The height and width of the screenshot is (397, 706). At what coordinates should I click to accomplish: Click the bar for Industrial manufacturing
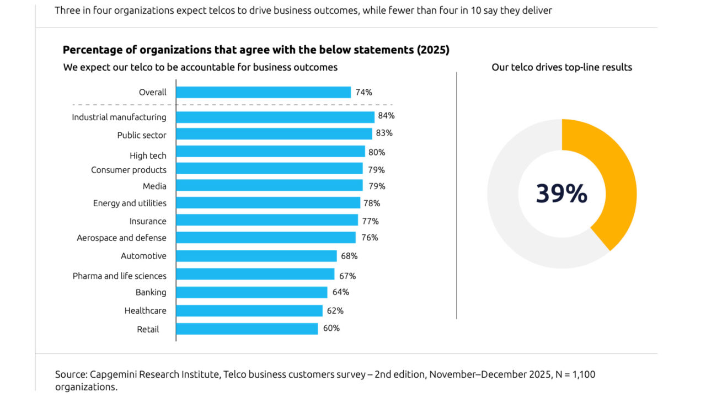(x=275, y=117)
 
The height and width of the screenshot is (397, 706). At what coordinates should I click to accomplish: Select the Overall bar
(x=263, y=92)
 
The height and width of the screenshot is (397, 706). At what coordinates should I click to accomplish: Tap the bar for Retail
(x=247, y=329)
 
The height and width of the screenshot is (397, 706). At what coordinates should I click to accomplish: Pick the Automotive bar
(x=256, y=256)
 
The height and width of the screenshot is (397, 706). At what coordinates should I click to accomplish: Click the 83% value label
(x=384, y=133)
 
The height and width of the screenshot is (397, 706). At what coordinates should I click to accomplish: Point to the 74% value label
(x=363, y=92)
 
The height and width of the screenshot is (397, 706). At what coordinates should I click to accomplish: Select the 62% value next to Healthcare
(x=335, y=310)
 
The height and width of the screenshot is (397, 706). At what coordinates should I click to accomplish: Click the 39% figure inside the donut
(x=561, y=194)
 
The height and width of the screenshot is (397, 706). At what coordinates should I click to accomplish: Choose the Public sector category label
(x=141, y=135)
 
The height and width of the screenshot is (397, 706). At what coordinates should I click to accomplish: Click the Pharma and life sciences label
(x=119, y=276)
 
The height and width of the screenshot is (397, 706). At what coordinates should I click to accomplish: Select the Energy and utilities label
(x=130, y=203)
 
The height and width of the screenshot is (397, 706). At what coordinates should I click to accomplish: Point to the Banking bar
(x=252, y=292)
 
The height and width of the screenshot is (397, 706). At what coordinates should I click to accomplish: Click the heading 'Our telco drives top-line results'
(x=561, y=67)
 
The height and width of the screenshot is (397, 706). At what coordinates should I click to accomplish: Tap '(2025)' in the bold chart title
(x=433, y=50)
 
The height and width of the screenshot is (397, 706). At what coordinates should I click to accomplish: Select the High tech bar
(x=270, y=152)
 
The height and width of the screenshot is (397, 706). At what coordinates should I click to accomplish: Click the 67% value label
(x=347, y=276)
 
